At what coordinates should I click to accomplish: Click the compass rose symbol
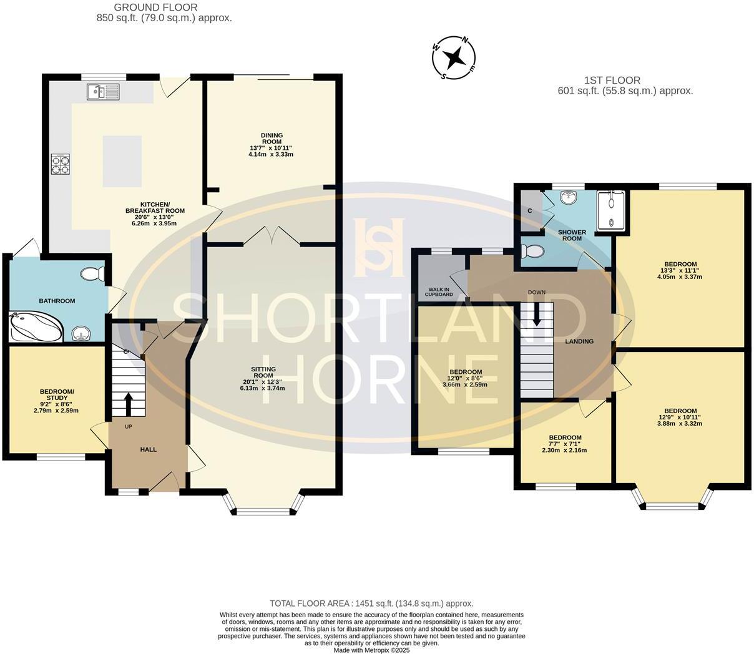[454, 58]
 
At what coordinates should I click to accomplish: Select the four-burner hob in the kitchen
[60, 163]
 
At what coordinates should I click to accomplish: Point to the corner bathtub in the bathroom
[34, 326]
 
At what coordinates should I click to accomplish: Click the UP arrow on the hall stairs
[129, 404]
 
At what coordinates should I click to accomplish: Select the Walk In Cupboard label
[440, 291]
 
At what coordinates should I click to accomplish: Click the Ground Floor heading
[156, 8]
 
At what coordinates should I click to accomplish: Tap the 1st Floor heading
[612, 81]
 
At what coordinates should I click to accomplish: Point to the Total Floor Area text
[371, 603]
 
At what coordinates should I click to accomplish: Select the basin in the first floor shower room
[569, 198]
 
